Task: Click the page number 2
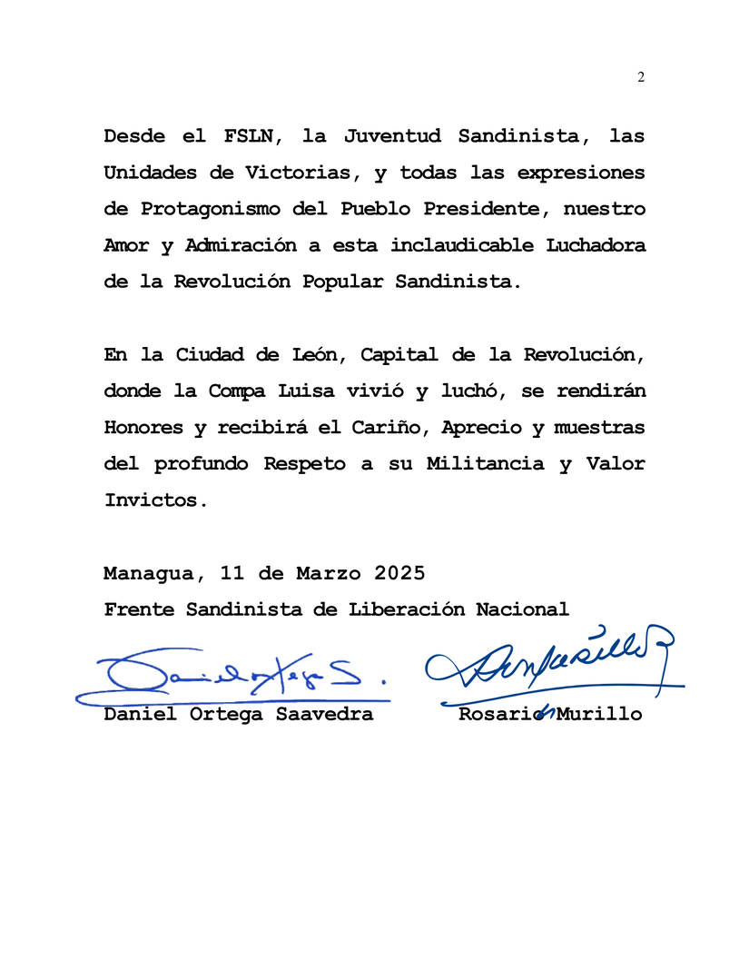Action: pyautogui.click(x=641, y=77)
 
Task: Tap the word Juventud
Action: pyautogui.click(x=392, y=136)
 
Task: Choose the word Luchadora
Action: pyautogui.click(x=596, y=245)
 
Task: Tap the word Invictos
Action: pyautogui.click(x=150, y=500)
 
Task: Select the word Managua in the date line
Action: pyautogui.click(x=145, y=574)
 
